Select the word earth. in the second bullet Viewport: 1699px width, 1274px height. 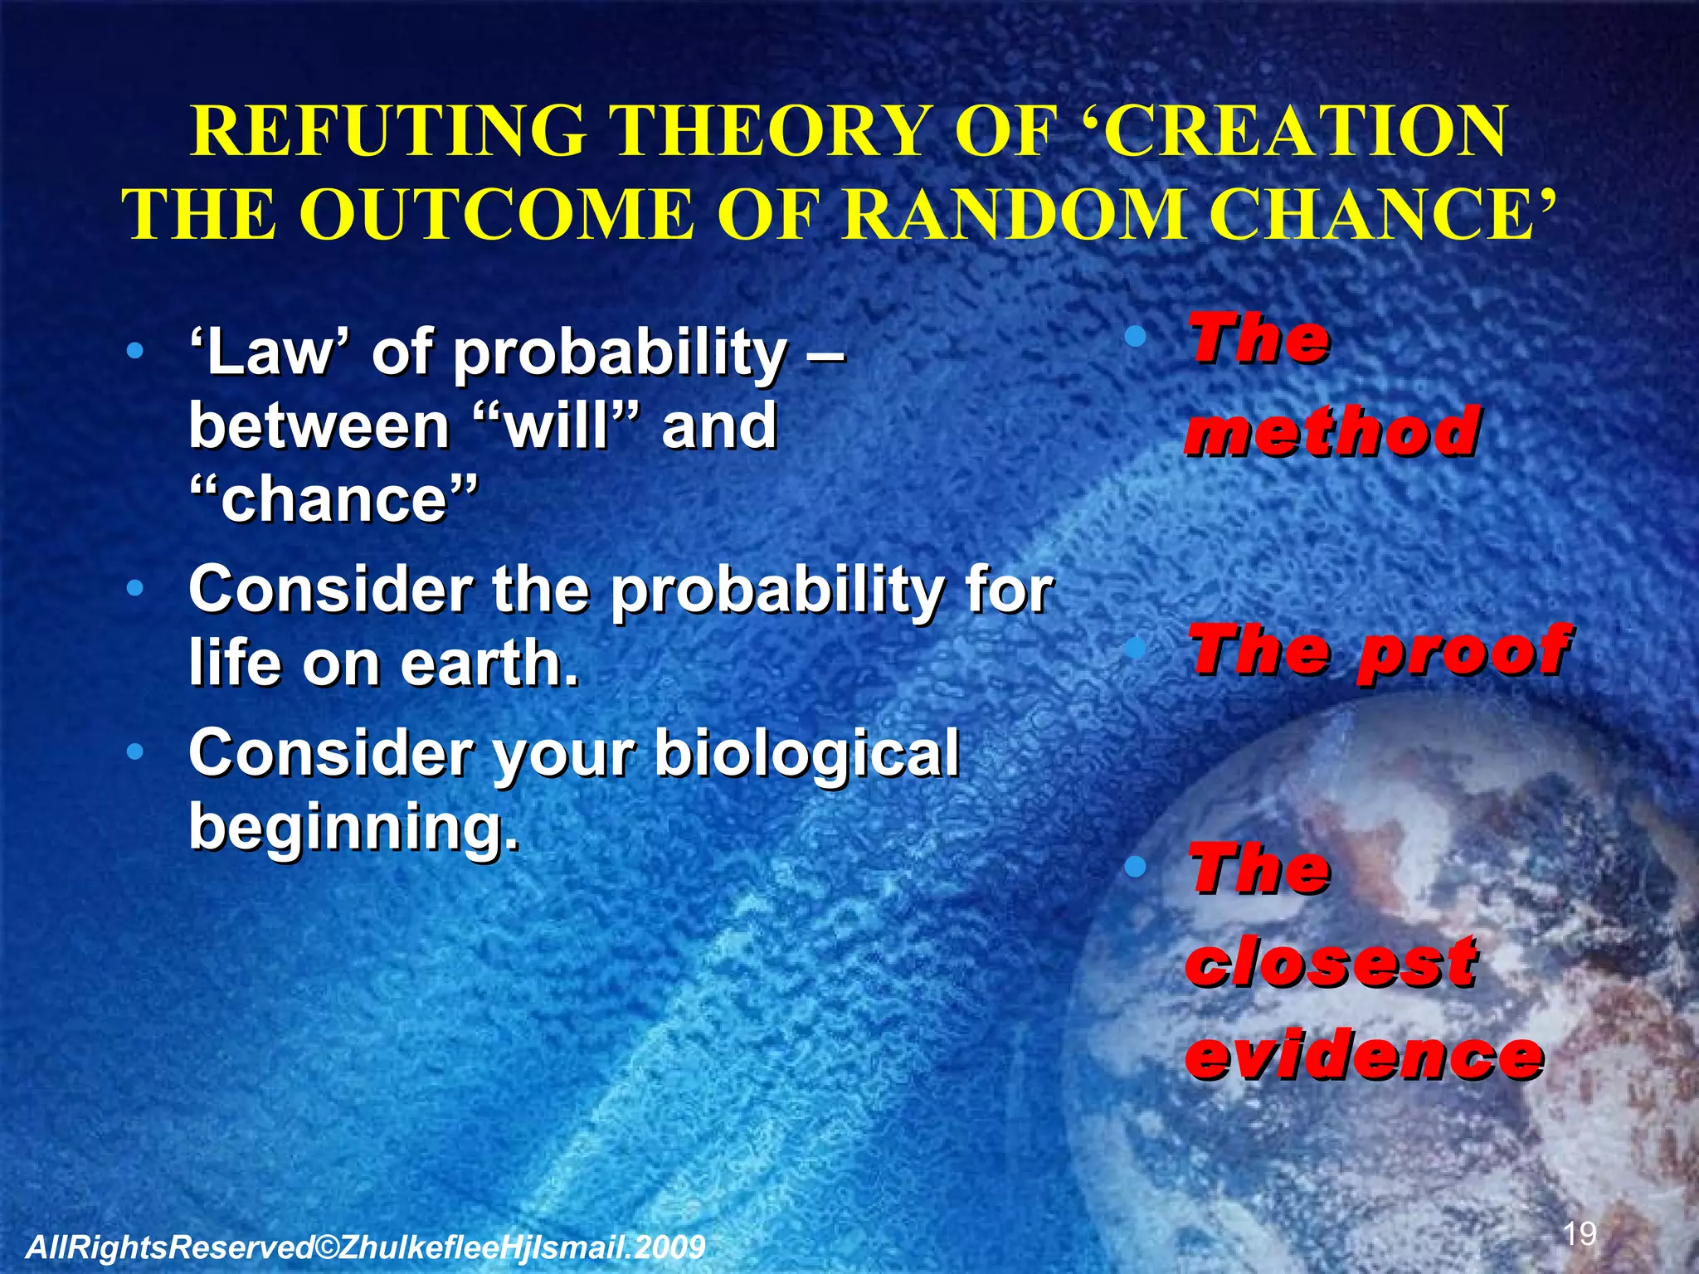click(x=489, y=664)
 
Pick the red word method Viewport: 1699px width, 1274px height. click(x=1332, y=431)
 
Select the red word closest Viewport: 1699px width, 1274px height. click(x=1332, y=962)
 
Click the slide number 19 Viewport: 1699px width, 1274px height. click(x=1580, y=1233)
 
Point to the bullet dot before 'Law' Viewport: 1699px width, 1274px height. click(x=134, y=352)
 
